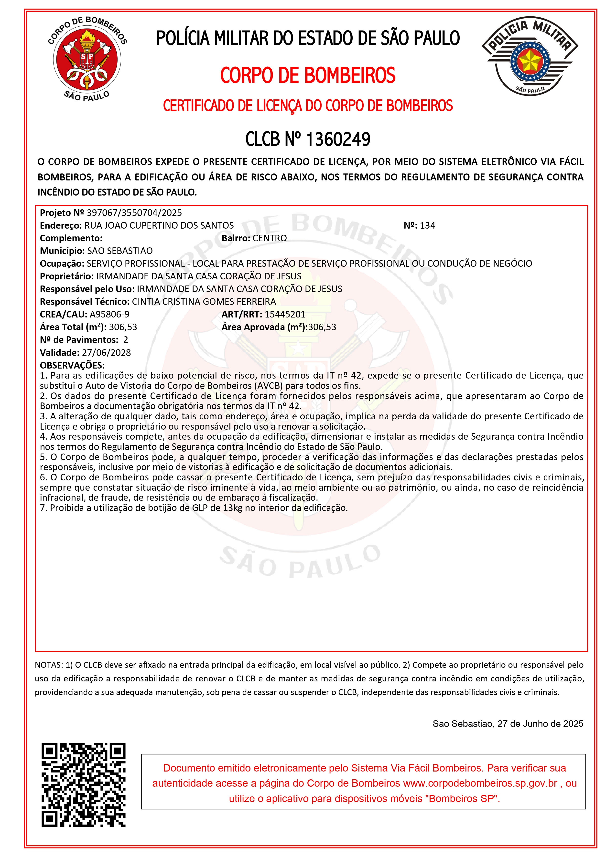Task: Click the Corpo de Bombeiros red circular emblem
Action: pos(87,60)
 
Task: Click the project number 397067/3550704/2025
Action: pos(134,213)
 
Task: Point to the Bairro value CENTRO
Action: pos(270,238)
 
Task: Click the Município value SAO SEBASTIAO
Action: pos(119,251)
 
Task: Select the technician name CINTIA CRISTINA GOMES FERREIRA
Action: pos(204,302)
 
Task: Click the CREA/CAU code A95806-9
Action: pos(109,314)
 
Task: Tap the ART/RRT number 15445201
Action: pos(285,314)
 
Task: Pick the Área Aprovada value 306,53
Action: pos(322,327)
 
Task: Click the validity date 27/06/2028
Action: pos(106,353)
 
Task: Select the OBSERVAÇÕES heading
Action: pos(72,365)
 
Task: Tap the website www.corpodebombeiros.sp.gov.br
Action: pos(480,783)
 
